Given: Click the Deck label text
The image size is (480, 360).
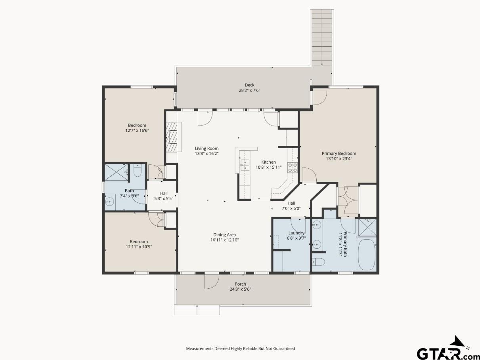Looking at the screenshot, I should pos(249,85).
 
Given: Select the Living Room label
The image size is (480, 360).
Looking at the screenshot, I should pos(207,149).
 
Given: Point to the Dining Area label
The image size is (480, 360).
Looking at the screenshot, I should pos(225,234).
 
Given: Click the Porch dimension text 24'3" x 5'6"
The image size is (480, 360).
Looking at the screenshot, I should pos(240,289).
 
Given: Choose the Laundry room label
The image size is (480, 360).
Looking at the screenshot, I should pos(296,233).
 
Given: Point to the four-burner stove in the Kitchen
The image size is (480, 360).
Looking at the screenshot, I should pos(293,168).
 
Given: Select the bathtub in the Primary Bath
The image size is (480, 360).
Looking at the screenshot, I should pos(367,254).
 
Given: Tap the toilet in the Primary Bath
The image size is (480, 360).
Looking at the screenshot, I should pos(318,262).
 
